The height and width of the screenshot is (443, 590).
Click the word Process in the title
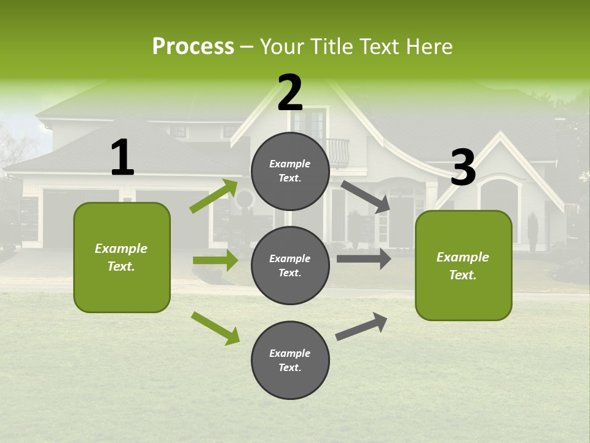click(x=193, y=46)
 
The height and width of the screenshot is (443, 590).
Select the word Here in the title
click(x=430, y=46)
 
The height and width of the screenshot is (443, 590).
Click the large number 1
click(x=122, y=158)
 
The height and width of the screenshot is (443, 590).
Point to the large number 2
click(x=290, y=93)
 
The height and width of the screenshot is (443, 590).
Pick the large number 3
click(x=463, y=168)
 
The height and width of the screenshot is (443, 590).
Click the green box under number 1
click(x=122, y=257)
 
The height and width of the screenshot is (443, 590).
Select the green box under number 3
click(x=463, y=265)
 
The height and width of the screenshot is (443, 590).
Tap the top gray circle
click(x=290, y=171)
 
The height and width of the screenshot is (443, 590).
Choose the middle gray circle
click(x=290, y=265)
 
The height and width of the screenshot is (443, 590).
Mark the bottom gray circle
click(x=290, y=360)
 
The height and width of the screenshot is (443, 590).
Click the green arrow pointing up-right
click(x=214, y=196)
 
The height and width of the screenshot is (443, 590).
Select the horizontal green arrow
click(x=216, y=260)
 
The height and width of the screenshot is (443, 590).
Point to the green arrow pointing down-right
click(x=216, y=328)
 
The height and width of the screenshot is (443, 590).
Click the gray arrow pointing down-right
click(x=365, y=196)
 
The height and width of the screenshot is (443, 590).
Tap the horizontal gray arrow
click(x=364, y=259)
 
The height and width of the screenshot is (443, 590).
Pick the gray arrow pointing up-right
click(x=361, y=327)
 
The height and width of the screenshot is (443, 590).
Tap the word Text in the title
click(x=381, y=46)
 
